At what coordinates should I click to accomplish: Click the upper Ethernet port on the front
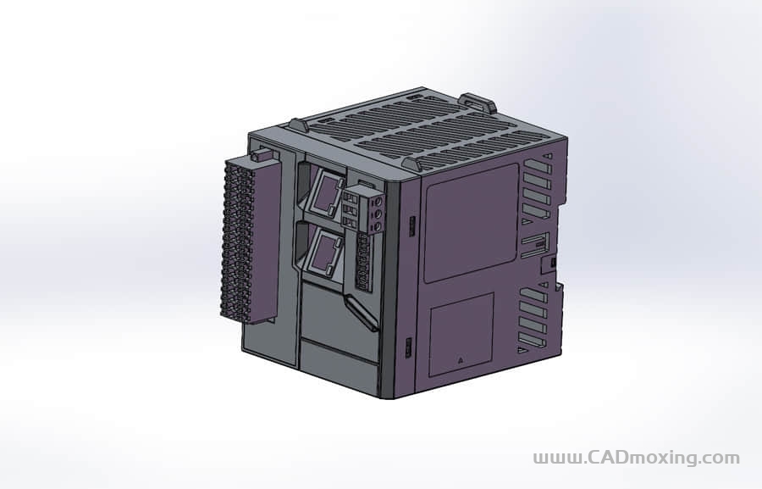click(325, 194)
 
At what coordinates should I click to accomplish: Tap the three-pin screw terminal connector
click(365, 208)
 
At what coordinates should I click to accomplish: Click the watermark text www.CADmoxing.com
click(636, 458)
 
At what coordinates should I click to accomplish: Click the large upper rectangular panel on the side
click(471, 222)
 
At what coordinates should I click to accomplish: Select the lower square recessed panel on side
click(461, 334)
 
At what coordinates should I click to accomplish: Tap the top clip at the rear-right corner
click(478, 103)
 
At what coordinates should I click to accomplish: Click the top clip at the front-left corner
click(298, 125)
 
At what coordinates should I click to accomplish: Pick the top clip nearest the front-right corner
click(411, 163)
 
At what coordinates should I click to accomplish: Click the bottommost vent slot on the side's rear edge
click(533, 341)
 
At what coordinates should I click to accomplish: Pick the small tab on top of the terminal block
click(263, 155)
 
